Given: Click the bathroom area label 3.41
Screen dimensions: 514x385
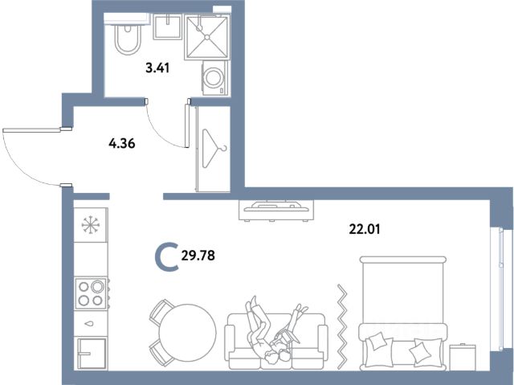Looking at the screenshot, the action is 157,68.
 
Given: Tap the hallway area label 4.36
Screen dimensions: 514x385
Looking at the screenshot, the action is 122,143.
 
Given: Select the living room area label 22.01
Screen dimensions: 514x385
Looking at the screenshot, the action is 365,229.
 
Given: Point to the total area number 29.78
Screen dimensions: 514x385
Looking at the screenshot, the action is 198,255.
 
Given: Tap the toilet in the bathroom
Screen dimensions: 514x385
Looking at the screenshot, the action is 128,39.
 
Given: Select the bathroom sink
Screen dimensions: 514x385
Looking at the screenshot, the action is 168,27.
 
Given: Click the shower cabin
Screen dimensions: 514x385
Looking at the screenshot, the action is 206,37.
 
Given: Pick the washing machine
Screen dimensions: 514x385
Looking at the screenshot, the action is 214,78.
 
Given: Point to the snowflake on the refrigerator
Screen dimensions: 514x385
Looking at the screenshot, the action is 91,225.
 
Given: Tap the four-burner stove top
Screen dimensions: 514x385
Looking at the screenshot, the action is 91,293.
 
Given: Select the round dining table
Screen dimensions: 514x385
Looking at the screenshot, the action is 187,333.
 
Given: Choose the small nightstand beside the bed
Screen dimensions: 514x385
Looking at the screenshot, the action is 463,357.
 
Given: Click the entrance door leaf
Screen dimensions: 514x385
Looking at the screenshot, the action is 32,130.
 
